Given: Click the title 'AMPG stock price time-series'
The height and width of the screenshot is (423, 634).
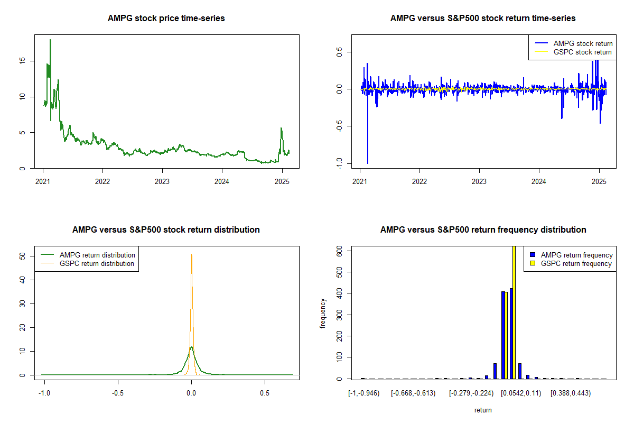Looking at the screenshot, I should click(166, 19).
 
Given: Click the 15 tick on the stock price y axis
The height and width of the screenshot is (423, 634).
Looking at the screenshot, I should click(22, 61).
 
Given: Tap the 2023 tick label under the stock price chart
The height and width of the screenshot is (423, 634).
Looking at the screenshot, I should click(162, 179).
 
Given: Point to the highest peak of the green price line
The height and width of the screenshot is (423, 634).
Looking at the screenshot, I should click(50, 40).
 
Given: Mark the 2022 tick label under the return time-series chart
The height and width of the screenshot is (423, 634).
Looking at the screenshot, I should click(419, 179).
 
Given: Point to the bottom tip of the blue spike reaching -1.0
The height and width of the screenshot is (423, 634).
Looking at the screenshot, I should click(368, 163).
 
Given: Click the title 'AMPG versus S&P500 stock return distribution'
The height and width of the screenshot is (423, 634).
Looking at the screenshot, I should click(166, 230).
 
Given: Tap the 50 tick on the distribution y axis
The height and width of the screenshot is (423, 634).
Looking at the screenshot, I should click(22, 256).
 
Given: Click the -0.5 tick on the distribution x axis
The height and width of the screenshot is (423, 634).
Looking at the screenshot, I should click(118, 393).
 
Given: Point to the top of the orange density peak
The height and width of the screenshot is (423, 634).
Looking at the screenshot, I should click(191, 254).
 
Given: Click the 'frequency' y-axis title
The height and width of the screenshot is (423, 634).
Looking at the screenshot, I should click(323, 314).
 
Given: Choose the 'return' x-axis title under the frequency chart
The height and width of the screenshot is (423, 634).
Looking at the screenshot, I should click(483, 410).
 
